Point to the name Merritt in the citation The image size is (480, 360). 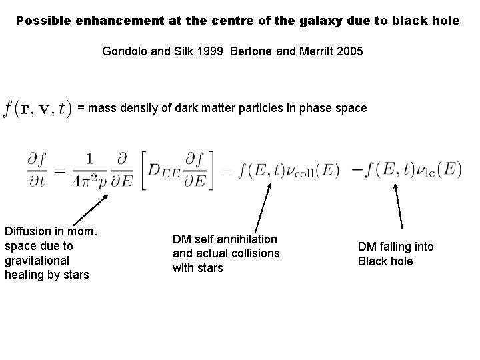(311, 51)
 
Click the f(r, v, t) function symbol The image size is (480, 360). (37, 109)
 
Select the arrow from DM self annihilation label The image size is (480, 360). (263, 207)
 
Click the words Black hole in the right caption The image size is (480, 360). (385, 261)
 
